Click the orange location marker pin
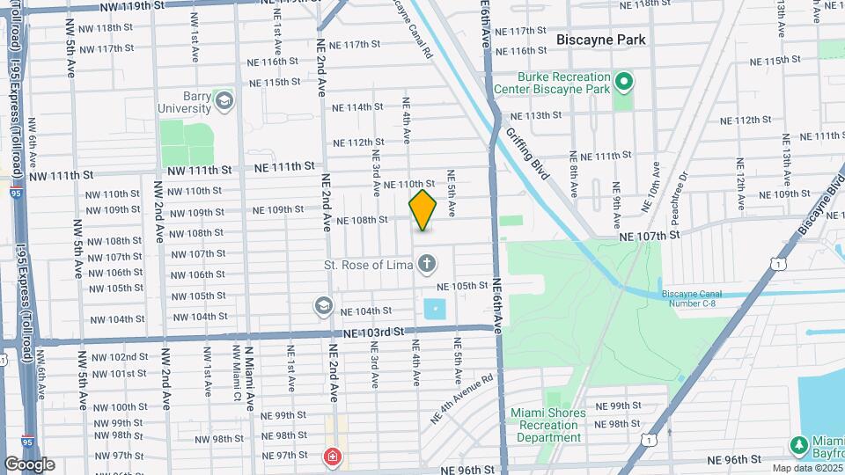[422, 210]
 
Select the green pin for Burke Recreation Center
[624, 83]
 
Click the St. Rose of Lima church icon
[427, 263]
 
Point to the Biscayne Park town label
[601, 40]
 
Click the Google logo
[29, 464]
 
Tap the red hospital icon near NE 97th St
[332, 456]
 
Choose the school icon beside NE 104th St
[323, 306]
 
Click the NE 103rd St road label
[374, 332]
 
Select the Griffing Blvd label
[527, 154]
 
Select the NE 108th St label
[362, 221]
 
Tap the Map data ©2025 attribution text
[806, 467]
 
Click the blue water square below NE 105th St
[435, 309]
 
